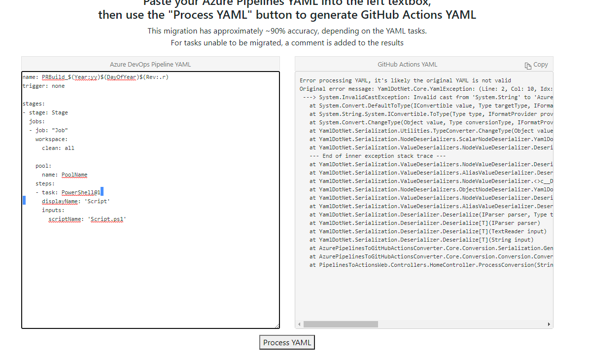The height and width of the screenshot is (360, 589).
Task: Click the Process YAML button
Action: pyautogui.click(x=287, y=342)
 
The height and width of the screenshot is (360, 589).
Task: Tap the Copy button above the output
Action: pyautogui.click(x=536, y=65)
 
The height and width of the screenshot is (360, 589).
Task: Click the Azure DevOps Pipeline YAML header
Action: pyautogui.click(x=150, y=65)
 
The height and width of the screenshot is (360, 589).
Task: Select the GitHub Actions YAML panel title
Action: pyautogui.click(x=407, y=65)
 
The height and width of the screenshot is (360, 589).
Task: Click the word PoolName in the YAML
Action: pyautogui.click(x=74, y=175)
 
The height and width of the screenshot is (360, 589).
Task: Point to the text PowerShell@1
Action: pyautogui.click(x=81, y=192)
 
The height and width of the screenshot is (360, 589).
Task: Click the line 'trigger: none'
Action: pyautogui.click(x=43, y=86)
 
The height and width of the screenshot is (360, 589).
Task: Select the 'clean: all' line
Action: pyautogui.click(x=58, y=148)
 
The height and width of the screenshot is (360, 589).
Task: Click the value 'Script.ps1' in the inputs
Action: pyautogui.click(x=107, y=219)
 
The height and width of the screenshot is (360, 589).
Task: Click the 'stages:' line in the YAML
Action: pyautogui.click(x=34, y=104)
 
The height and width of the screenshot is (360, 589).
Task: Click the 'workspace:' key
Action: pyautogui.click(x=51, y=139)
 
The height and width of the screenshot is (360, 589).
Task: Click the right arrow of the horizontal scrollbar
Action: pyautogui.click(x=549, y=324)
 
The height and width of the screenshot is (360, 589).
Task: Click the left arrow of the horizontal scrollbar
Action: pyautogui.click(x=299, y=324)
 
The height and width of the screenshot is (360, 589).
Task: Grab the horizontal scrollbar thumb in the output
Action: pyautogui.click(x=341, y=324)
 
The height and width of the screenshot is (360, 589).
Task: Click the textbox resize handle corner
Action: pyautogui.click(x=277, y=325)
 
